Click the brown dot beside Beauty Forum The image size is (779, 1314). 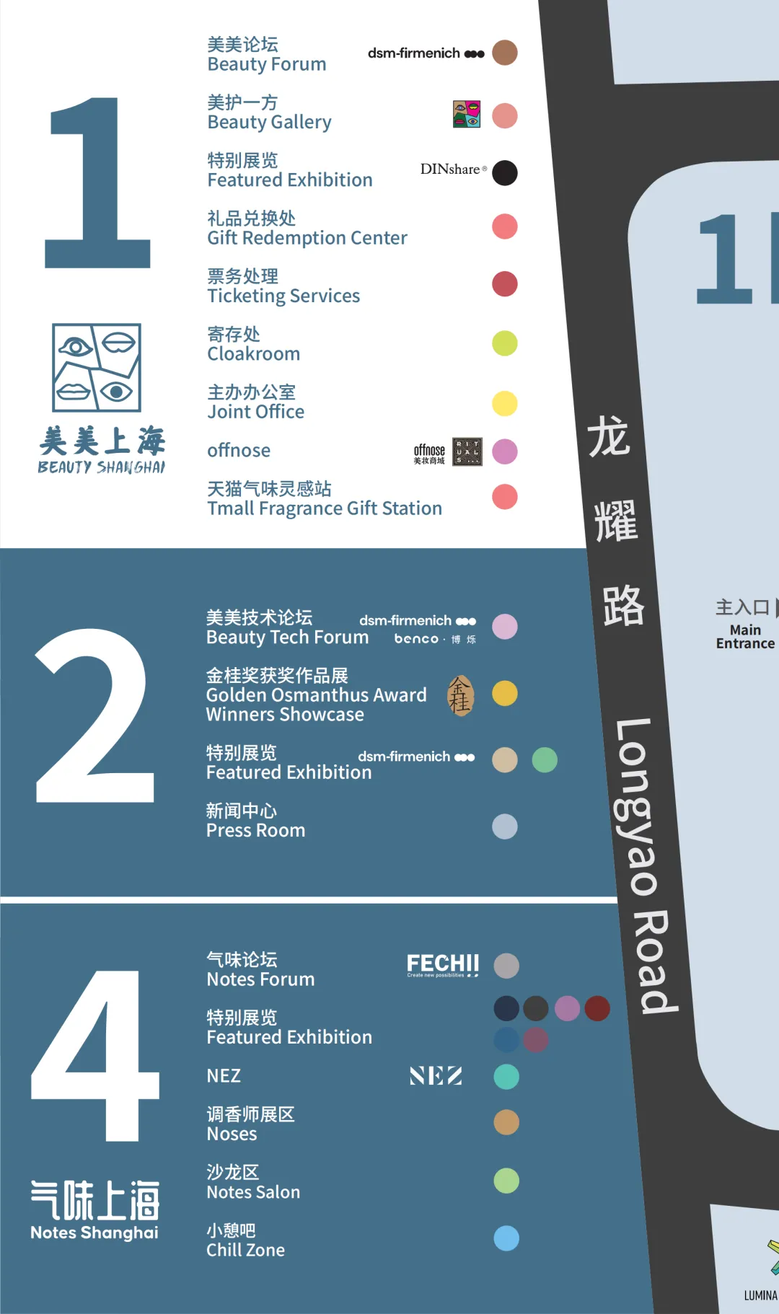pyautogui.click(x=505, y=53)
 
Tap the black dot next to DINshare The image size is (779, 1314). pyautogui.click(x=505, y=173)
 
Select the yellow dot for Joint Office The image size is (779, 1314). pyautogui.click(x=505, y=404)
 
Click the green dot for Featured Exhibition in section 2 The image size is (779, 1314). pyautogui.click(x=545, y=760)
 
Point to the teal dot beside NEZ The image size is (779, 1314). pyautogui.click(x=506, y=1077)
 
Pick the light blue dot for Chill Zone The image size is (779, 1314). pyautogui.click(x=506, y=1238)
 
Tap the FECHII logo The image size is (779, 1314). pyautogui.click(x=443, y=965)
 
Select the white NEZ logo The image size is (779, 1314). pyautogui.click(x=436, y=1076)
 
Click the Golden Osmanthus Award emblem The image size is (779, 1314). pyautogui.click(x=460, y=695)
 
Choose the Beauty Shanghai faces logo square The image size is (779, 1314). pyautogui.click(x=97, y=368)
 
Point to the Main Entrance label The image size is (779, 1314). pyautogui.click(x=745, y=636)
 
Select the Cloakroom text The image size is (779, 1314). pyautogui.click(x=253, y=353)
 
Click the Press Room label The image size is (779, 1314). pyautogui.click(x=255, y=830)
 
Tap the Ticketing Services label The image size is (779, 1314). pyautogui.click(x=283, y=296)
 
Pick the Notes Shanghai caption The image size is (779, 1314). pyautogui.click(x=94, y=1233)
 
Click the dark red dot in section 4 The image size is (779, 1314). pyautogui.click(x=597, y=1008)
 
